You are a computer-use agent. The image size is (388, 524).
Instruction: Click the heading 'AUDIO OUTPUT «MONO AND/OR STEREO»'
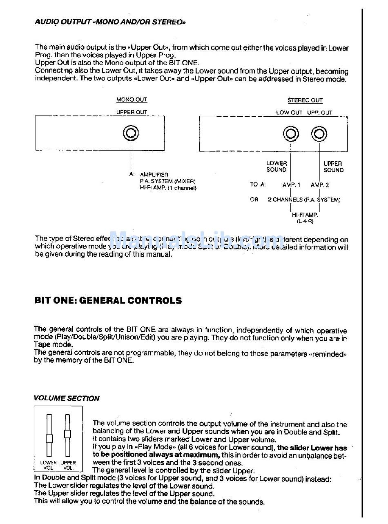click(x=110, y=22)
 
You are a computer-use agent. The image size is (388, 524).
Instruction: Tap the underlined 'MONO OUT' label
click(x=132, y=100)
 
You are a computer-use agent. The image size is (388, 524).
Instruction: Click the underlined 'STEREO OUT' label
click(x=305, y=100)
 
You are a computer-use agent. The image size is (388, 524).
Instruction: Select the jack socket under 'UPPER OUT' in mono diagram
click(x=132, y=133)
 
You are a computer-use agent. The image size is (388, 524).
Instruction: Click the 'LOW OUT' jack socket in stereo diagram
click(x=291, y=134)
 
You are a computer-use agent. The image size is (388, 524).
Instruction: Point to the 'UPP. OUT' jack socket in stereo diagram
click(x=319, y=134)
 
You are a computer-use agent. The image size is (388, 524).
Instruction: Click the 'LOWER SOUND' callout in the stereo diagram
click(x=277, y=167)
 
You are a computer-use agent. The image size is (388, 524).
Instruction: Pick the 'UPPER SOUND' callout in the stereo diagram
click(x=333, y=167)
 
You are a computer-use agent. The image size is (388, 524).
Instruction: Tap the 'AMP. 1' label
click(x=291, y=185)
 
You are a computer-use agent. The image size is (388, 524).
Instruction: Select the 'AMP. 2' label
click(x=319, y=185)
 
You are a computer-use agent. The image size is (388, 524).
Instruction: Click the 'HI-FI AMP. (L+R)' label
click(x=305, y=218)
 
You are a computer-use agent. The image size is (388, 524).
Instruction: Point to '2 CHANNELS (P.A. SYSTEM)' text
click(x=304, y=200)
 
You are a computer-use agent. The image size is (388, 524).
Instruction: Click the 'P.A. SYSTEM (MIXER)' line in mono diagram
click(x=167, y=181)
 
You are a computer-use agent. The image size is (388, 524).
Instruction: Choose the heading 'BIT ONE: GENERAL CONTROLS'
click(x=108, y=301)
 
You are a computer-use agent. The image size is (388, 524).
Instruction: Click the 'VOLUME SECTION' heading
click(x=67, y=398)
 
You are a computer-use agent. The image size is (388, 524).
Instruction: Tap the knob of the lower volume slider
click(x=49, y=439)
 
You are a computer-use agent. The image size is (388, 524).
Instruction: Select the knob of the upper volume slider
click(x=67, y=433)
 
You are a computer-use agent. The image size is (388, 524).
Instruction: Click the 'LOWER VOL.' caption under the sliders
click(x=49, y=465)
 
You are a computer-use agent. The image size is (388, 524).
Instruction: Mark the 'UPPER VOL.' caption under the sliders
click(x=68, y=465)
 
